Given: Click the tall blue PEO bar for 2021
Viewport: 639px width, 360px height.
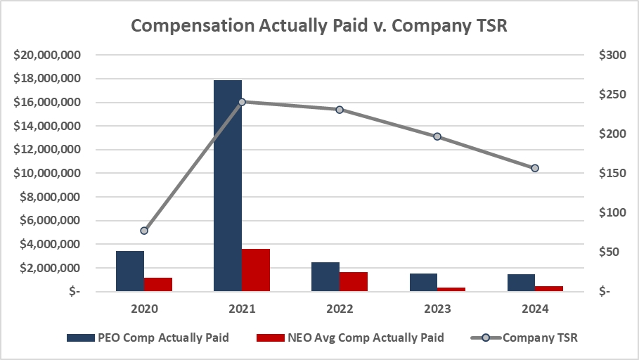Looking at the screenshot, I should pyautogui.click(x=228, y=186).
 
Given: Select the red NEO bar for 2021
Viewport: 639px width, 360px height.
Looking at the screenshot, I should pyautogui.click(x=256, y=270).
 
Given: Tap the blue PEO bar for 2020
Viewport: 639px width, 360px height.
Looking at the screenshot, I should pyautogui.click(x=130, y=271).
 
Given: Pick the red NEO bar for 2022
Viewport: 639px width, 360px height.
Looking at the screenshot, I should pyautogui.click(x=354, y=281).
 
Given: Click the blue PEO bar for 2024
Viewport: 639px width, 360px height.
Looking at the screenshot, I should pyautogui.click(x=521, y=283).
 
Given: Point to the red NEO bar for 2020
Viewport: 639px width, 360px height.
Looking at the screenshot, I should pyautogui.click(x=158, y=284).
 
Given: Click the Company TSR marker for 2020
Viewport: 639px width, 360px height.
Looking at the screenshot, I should pyautogui.click(x=144, y=231).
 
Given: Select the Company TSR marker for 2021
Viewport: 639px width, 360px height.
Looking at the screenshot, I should pyautogui.click(x=242, y=102).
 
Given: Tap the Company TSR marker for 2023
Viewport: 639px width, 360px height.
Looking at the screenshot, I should pyautogui.click(x=437, y=136).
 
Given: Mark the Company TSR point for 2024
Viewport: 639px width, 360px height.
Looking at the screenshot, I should pyautogui.click(x=535, y=168).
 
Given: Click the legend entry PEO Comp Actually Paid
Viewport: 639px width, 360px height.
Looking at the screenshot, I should pyautogui.click(x=148, y=337).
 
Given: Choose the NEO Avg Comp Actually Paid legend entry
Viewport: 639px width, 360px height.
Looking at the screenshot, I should pyautogui.click(x=351, y=337).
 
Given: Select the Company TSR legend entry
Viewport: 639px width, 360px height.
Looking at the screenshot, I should pyautogui.click(x=523, y=337).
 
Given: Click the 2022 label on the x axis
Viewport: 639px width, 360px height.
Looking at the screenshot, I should pyautogui.click(x=340, y=309).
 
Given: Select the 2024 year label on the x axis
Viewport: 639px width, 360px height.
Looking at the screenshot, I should pyautogui.click(x=535, y=309).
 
